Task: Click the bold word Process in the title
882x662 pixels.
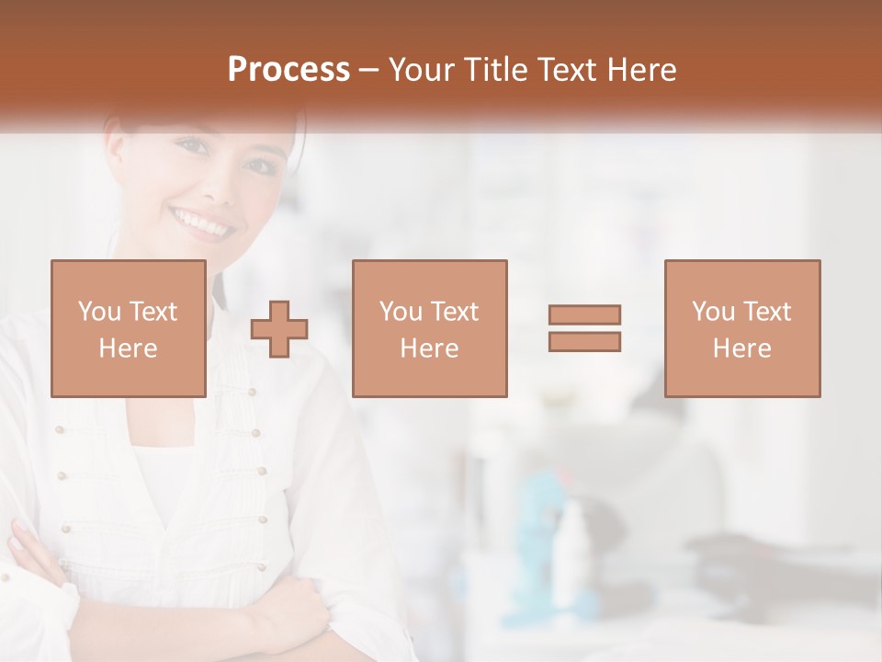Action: coord(288,70)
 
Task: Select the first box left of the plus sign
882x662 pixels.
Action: coord(129,329)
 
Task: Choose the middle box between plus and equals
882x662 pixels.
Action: coord(429,329)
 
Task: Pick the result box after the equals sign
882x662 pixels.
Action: coord(741,329)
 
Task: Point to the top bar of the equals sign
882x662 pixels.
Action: coord(584,315)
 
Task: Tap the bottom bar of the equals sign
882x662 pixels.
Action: coord(584,341)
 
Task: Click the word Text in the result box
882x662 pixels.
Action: coord(766,312)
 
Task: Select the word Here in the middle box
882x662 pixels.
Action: coord(429,348)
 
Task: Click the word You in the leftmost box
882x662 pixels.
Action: coord(98,312)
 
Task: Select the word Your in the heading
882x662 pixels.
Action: coord(423,70)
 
